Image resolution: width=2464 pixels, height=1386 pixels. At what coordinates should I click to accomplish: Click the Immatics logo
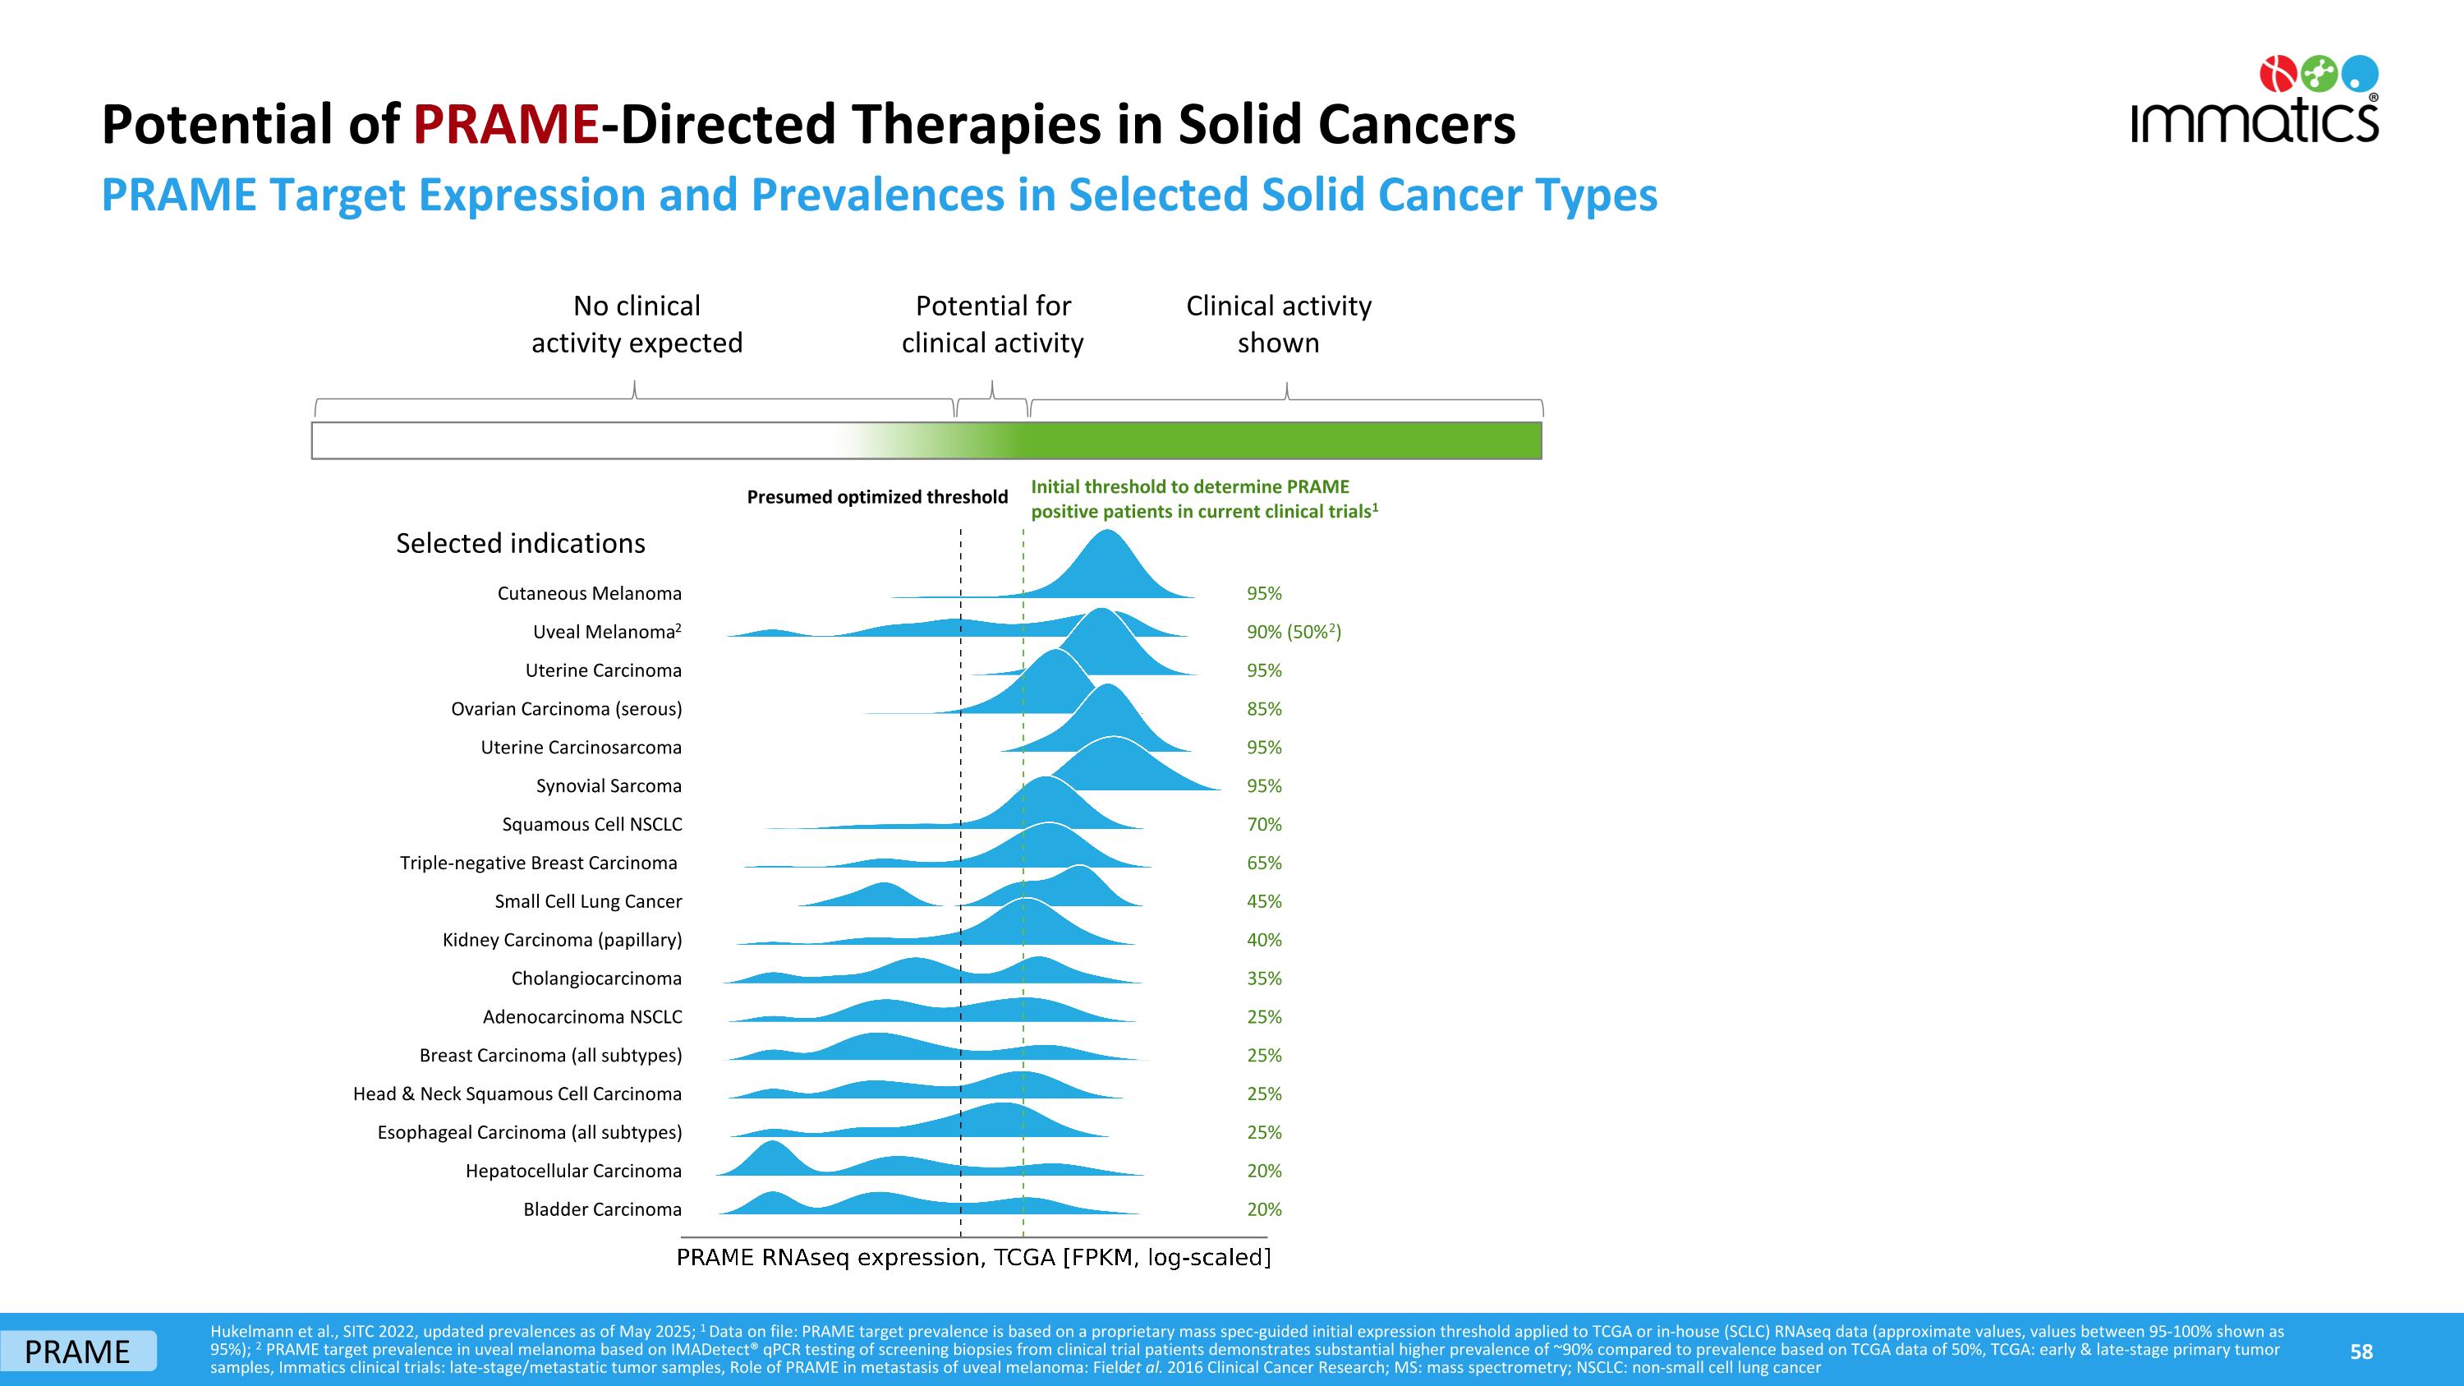tap(2255, 99)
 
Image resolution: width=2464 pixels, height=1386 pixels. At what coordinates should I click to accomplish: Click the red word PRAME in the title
tap(507, 124)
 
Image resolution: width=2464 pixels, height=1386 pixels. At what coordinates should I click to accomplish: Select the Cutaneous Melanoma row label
tap(589, 593)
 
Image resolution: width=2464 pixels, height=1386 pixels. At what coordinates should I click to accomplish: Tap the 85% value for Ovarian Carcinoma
tap(1263, 709)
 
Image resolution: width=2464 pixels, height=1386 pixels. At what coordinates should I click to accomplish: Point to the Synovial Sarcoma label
tap(609, 786)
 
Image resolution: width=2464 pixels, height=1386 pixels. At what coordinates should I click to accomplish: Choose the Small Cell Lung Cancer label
tap(588, 902)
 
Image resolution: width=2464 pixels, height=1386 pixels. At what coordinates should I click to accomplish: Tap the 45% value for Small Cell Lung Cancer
tap(1263, 901)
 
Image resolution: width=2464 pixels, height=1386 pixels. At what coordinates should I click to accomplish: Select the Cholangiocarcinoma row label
tap(596, 978)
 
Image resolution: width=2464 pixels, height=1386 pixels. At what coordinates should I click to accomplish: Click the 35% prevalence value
tap(1263, 978)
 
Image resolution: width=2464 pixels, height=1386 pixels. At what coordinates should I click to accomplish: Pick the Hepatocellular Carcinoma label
tap(573, 1171)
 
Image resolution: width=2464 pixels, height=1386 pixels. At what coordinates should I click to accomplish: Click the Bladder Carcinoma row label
tap(603, 1209)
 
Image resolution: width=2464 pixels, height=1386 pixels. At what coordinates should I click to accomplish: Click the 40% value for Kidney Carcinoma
tap(1263, 940)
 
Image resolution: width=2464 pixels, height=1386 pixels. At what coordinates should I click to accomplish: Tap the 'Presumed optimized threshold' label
tap(877, 497)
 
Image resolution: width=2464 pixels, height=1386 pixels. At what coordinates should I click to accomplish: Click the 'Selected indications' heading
tap(521, 543)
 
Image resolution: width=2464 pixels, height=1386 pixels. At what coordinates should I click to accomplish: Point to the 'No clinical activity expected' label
tap(637, 325)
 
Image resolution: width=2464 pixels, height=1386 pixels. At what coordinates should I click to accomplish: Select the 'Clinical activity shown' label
tap(1279, 325)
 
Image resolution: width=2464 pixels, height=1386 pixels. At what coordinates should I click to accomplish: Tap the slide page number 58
tap(2361, 1351)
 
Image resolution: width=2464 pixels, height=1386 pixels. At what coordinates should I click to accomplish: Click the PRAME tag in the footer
tap(77, 1351)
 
